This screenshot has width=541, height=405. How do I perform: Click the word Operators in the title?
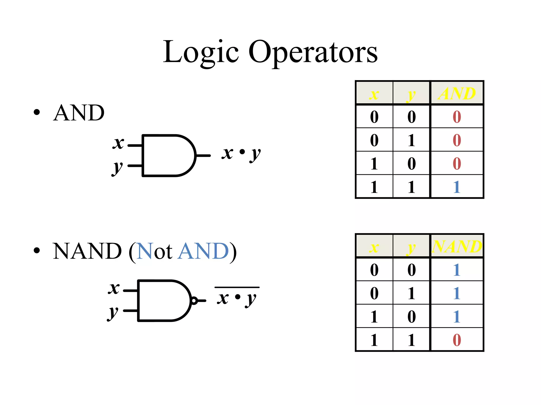tap(313, 53)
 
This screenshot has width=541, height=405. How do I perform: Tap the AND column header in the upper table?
tap(457, 93)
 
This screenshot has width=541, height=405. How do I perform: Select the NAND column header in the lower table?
tap(457, 246)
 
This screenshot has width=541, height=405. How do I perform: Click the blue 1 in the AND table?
tap(457, 187)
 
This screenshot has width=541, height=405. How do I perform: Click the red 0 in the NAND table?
tap(457, 340)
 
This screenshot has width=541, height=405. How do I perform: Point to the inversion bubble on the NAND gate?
tap(194, 301)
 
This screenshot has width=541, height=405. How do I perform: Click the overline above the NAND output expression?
tap(237, 287)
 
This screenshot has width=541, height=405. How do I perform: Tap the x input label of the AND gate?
tap(118, 143)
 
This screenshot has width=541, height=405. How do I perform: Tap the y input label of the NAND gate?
tap(113, 313)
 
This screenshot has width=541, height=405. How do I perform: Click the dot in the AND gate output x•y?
tap(242, 152)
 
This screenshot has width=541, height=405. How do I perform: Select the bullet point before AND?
tap(37, 112)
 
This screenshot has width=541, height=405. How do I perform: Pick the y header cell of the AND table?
tap(411, 93)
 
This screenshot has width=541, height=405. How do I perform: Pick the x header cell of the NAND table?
tap(374, 247)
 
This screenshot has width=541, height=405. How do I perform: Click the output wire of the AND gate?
tap(203, 156)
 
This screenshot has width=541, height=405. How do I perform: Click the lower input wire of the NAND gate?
tap(130, 311)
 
